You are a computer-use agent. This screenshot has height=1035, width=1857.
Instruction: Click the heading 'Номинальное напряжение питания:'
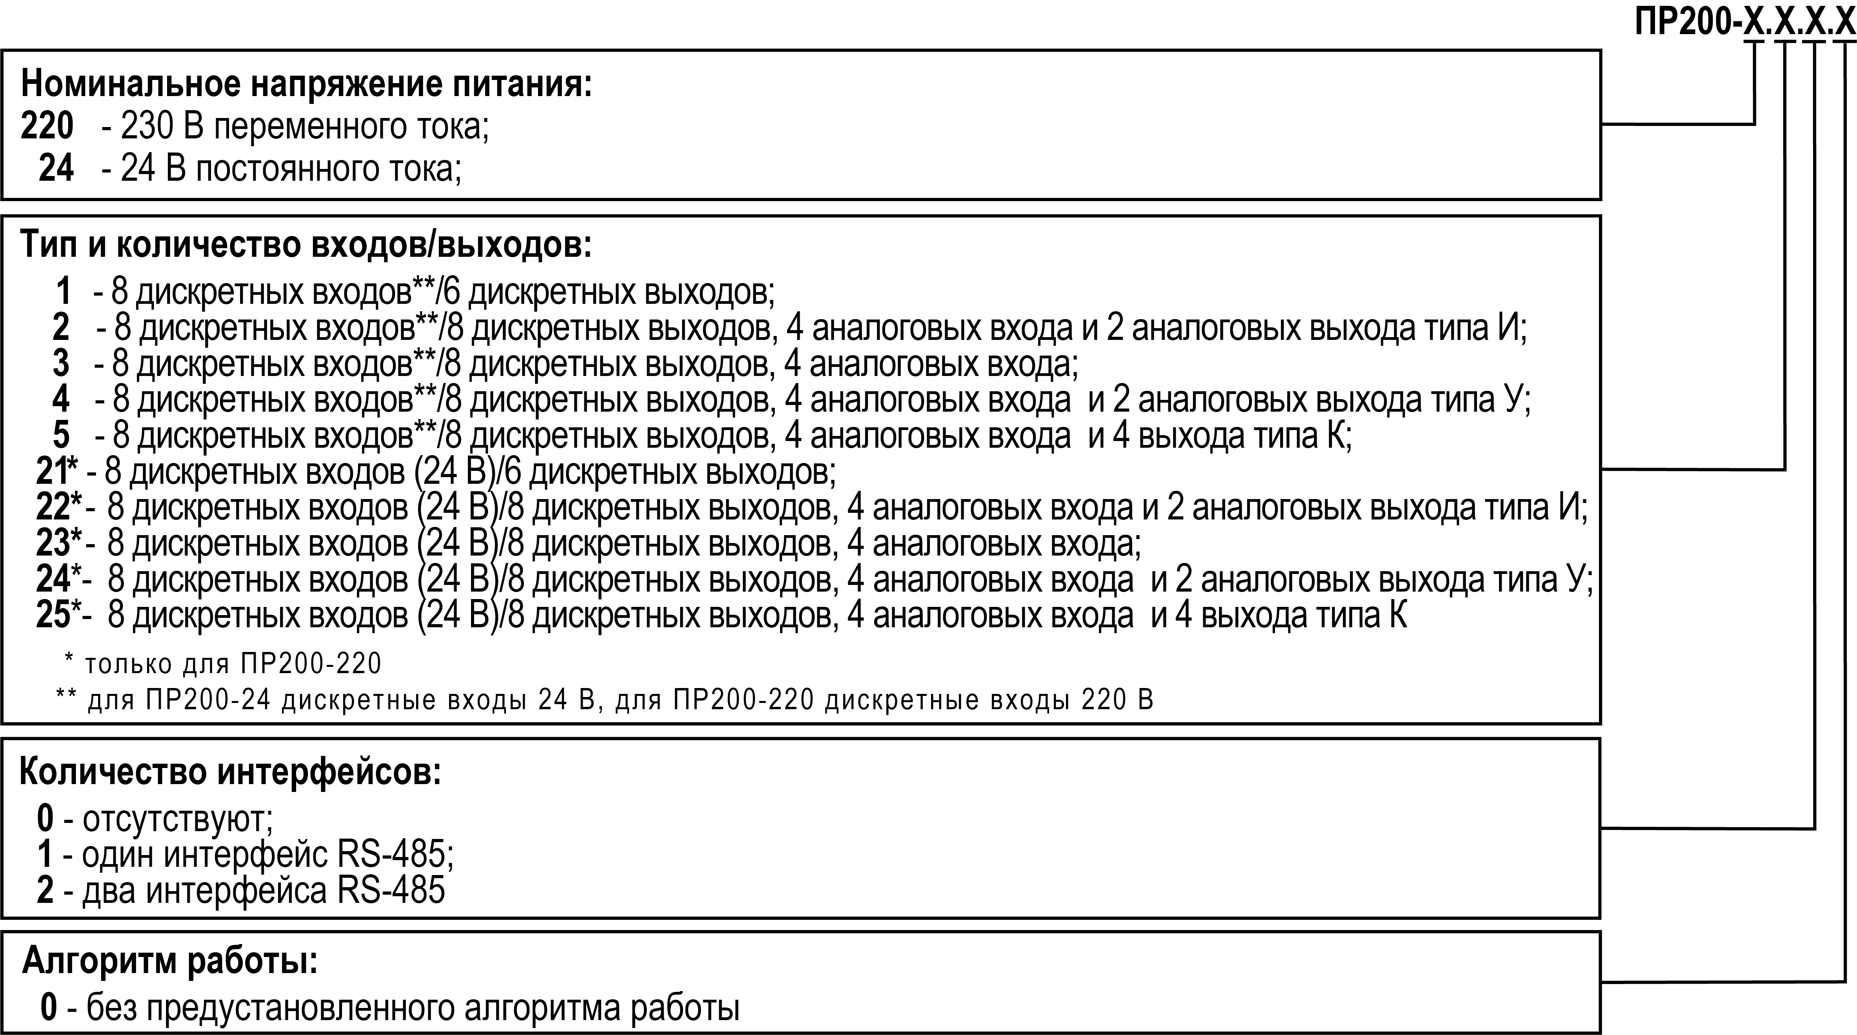(306, 84)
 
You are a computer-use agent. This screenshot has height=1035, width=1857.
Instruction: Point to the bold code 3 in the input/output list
(61, 363)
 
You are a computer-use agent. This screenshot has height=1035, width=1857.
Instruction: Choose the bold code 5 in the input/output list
(61, 435)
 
